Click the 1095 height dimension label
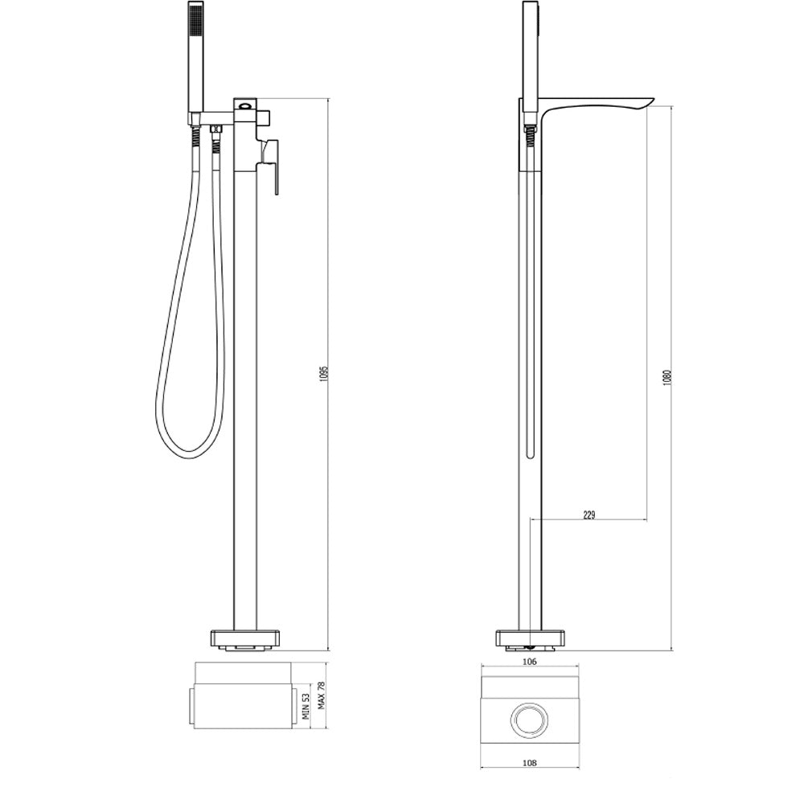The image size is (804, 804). [x=323, y=375]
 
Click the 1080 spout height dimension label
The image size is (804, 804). [x=667, y=377]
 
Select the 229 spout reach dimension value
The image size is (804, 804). [x=589, y=515]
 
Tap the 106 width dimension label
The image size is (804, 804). [x=530, y=662]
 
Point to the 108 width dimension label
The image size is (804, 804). [x=530, y=763]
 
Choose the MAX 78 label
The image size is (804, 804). [x=322, y=695]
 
